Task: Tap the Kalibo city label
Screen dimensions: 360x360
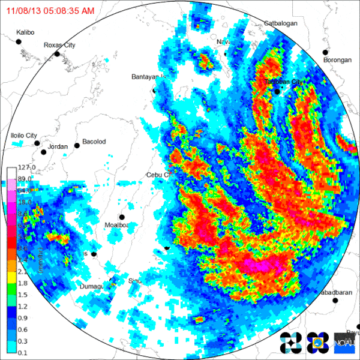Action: [26, 31]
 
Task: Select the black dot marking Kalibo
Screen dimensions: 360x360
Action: [19, 41]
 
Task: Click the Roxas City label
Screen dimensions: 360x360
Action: [59, 45]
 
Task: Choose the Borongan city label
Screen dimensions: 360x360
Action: [337, 61]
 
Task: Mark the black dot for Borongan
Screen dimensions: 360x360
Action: [326, 52]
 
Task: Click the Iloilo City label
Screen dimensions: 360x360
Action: [24, 136]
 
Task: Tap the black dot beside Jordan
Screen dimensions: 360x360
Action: [37, 143]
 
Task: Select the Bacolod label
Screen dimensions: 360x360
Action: [94, 142]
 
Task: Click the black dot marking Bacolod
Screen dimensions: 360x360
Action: [77, 145]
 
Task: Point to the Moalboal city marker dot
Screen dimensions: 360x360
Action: [122, 217]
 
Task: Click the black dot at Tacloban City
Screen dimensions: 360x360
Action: [277, 92]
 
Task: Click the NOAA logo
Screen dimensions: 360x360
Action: [344, 343]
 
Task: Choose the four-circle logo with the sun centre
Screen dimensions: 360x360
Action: [316, 343]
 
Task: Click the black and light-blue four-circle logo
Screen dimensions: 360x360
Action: [290, 343]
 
